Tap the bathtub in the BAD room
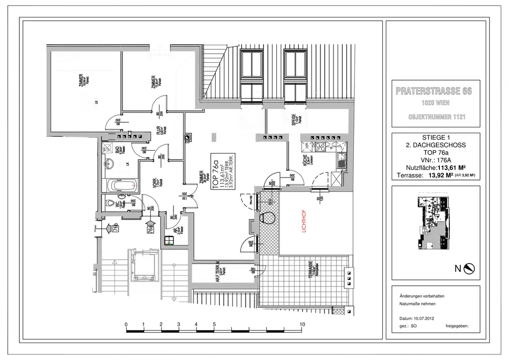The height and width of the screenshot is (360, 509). pos(122,186)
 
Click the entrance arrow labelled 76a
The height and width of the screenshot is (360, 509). pos(150,229)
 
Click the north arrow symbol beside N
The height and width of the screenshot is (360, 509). pos(469,269)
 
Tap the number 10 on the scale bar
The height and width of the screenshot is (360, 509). pos(302,324)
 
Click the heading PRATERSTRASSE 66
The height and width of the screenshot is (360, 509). pos(434,91)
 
